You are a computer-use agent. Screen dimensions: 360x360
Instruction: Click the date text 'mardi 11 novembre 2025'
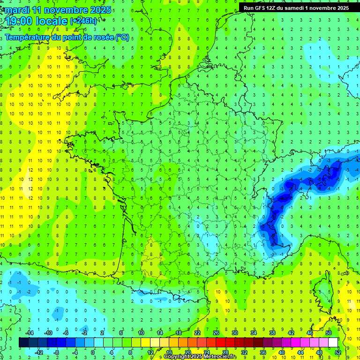click(59, 10)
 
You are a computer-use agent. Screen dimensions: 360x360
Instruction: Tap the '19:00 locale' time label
click(37, 21)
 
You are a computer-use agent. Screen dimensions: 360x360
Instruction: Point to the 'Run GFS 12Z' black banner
click(296, 7)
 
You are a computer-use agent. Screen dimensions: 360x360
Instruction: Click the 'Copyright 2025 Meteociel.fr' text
click(200, 357)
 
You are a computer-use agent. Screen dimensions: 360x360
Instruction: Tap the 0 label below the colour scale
click(93, 352)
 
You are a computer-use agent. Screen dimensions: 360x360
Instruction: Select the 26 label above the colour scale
click(216, 332)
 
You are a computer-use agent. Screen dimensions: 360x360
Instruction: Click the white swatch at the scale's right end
click(333, 343)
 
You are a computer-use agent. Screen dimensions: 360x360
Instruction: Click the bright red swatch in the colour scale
click(220, 343)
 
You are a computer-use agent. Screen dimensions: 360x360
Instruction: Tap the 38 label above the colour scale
click(272, 332)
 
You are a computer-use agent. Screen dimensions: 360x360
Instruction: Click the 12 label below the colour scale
click(150, 352)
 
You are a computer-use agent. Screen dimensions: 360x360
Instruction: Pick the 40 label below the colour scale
click(282, 352)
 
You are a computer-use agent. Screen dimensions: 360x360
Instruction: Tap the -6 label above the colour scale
click(66, 332)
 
